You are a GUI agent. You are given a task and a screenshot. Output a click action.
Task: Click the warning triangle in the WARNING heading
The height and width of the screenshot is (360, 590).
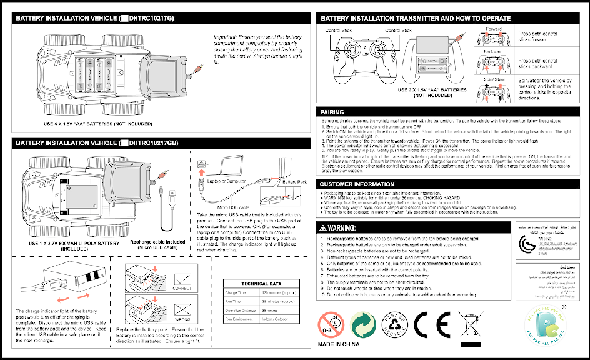[x=324, y=227]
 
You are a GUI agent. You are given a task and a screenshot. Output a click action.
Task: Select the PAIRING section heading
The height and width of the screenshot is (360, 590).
[x=331, y=112]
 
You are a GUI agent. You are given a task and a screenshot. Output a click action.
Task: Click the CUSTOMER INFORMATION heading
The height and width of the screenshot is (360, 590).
[x=357, y=184]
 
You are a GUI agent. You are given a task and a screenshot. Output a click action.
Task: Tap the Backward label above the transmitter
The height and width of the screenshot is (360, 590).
[x=492, y=52]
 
